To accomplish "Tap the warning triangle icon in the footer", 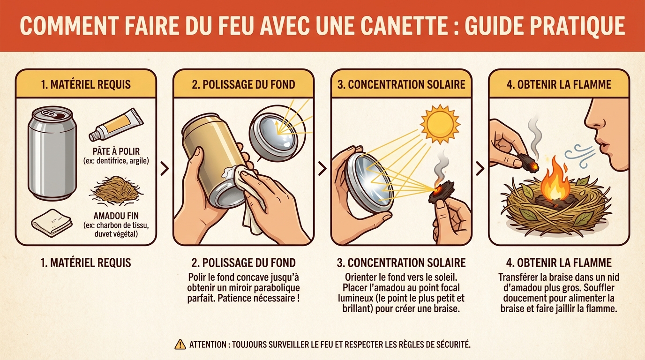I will pyautogui.click(x=180, y=345).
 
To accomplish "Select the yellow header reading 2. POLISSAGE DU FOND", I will pyautogui.click(x=243, y=84).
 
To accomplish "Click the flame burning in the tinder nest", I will pyautogui.click(x=555, y=182).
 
